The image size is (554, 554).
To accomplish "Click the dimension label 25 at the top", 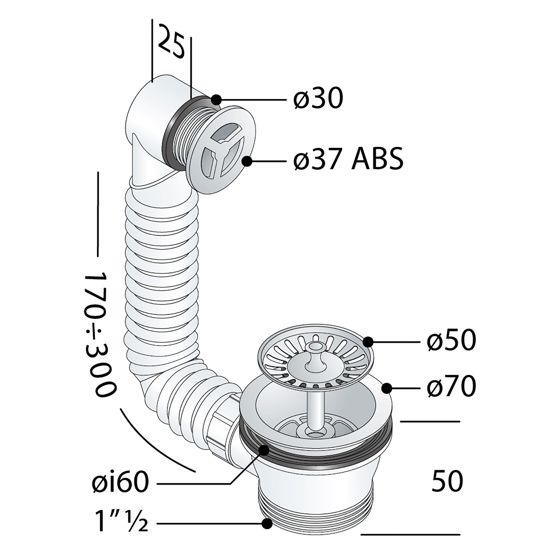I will click(x=171, y=42).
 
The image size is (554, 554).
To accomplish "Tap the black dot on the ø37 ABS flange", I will click(x=247, y=161).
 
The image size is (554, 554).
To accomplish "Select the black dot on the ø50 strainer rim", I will click(x=368, y=342).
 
